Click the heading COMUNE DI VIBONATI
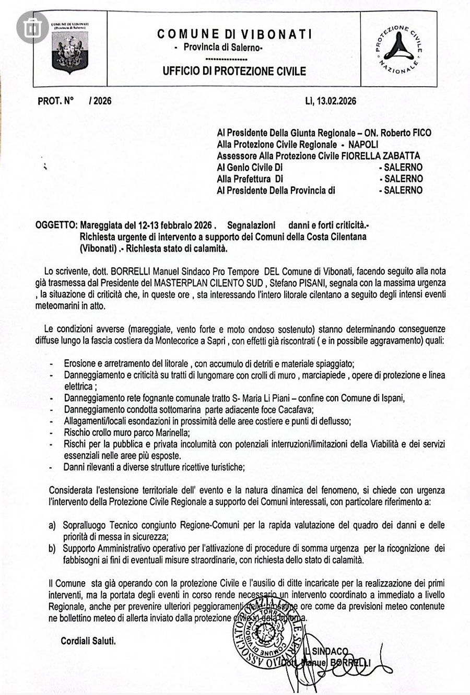coord(235,34)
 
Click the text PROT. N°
coord(56,101)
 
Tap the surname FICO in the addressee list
coord(421,133)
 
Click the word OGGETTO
coord(55,226)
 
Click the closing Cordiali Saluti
coord(88,641)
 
